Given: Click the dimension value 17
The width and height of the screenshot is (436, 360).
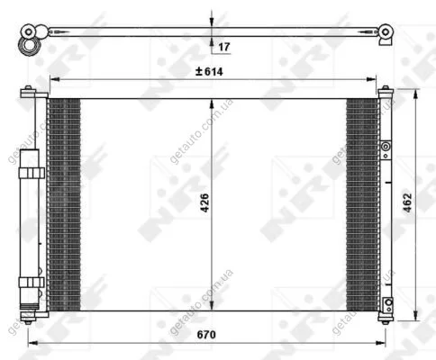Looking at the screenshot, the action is pyautogui.click(x=224, y=47).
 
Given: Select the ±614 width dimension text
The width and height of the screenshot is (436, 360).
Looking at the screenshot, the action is pyautogui.click(x=209, y=71).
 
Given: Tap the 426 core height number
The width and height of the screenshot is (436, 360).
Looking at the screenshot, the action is pyautogui.click(x=204, y=203).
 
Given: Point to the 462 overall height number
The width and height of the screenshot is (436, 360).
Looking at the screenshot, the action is pyautogui.click(x=407, y=202).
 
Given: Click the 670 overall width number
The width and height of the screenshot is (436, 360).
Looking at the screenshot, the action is pyautogui.click(x=206, y=334).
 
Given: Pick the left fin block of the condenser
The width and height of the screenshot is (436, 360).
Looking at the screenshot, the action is pyautogui.click(x=65, y=204).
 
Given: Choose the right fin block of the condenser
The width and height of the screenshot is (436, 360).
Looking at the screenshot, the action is pyautogui.click(x=362, y=204).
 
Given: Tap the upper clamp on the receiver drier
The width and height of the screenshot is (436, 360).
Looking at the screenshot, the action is pyautogui.click(x=32, y=173).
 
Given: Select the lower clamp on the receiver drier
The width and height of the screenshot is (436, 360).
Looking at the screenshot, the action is pyautogui.click(x=32, y=283).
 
